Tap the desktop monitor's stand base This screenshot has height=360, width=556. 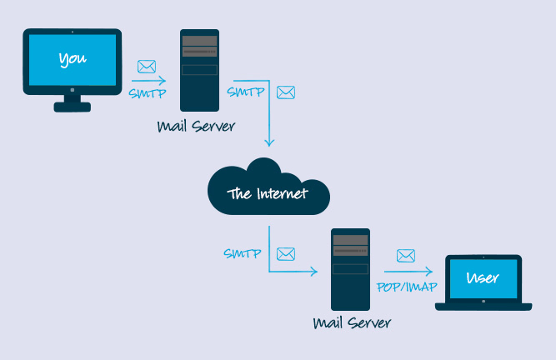point(73,106)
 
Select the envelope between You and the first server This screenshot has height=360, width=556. point(147,67)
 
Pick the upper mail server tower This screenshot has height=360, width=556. point(200,70)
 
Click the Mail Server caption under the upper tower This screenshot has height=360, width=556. point(196,127)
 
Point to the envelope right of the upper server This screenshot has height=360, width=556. point(286,92)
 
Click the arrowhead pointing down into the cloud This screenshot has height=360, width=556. point(269,144)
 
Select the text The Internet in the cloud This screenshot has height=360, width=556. point(268,194)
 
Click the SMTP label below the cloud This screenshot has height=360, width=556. point(242,252)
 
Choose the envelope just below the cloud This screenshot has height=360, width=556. point(286,253)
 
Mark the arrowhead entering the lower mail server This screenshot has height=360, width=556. point(315,272)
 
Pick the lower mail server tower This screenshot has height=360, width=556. point(350,269)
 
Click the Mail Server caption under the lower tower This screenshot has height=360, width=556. point(351,322)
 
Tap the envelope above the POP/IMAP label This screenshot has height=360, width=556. point(406,255)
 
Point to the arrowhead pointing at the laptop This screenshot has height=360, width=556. point(430,272)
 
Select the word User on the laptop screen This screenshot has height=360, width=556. point(483,277)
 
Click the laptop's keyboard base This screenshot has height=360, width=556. point(483,306)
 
